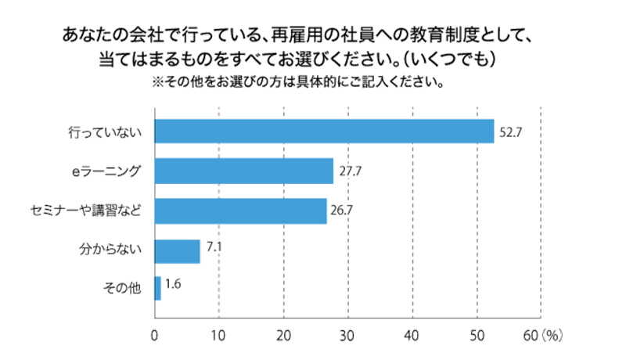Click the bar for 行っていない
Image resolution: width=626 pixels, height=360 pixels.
[x=324, y=131]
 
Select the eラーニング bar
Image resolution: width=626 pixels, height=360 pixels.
[x=244, y=171]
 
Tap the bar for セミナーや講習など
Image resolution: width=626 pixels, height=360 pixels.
[x=241, y=211]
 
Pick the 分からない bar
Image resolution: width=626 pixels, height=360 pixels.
[x=178, y=250]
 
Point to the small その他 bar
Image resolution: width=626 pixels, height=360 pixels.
[x=158, y=288]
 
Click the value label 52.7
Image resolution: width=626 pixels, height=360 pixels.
[x=510, y=131]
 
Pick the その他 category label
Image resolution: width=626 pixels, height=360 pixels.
[x=122, y=289]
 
